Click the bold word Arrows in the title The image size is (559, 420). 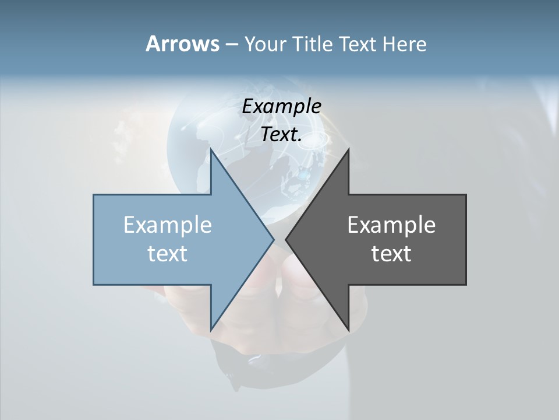pyautogui.click(x=182, y=44)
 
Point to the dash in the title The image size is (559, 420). pyautogui.click(x=231, y=44)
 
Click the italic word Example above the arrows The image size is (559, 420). pyautogui.click(x=282, y=107)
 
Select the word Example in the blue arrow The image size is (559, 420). pyautogui.click(x=168, y=225)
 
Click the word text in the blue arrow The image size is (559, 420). pyautogui.click(x=168, y=253)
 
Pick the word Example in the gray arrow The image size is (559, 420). pyautogui.click(x=391, y=225)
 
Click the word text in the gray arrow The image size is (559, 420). pyautogui.click(x=391, y=253)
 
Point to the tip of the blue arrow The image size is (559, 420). pyautogui.click(x=273, y=239)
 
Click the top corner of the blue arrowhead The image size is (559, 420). pyautogui.click(x=211, y=150)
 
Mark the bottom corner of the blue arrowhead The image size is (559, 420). pyautogui.click(x=211, y=329)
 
